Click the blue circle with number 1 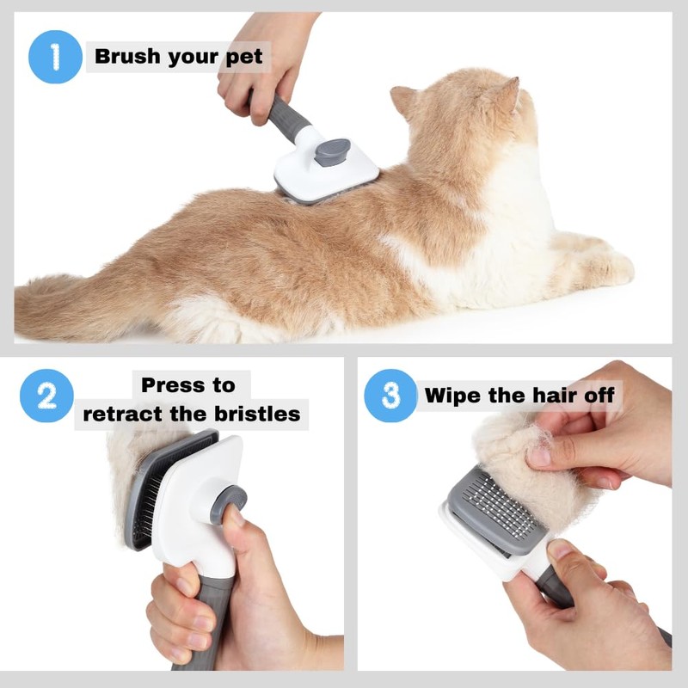click(56, 57)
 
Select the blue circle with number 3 click(390, 396)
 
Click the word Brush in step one click(127, 58)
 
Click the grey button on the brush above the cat click(332, 152)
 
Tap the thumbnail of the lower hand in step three click(560, 550)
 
